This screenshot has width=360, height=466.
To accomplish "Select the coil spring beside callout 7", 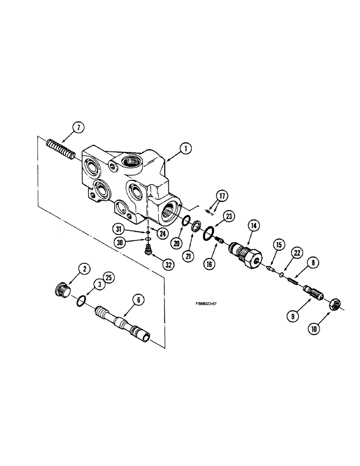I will click(x=60, y=150).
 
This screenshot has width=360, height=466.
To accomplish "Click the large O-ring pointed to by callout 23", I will click(x=209, y=232).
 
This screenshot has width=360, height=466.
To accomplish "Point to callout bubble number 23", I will click(x=228, y=216).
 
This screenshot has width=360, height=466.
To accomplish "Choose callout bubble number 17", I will click(x=222, y=196).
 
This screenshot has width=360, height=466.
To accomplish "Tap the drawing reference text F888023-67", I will click(x=207, y=303).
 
